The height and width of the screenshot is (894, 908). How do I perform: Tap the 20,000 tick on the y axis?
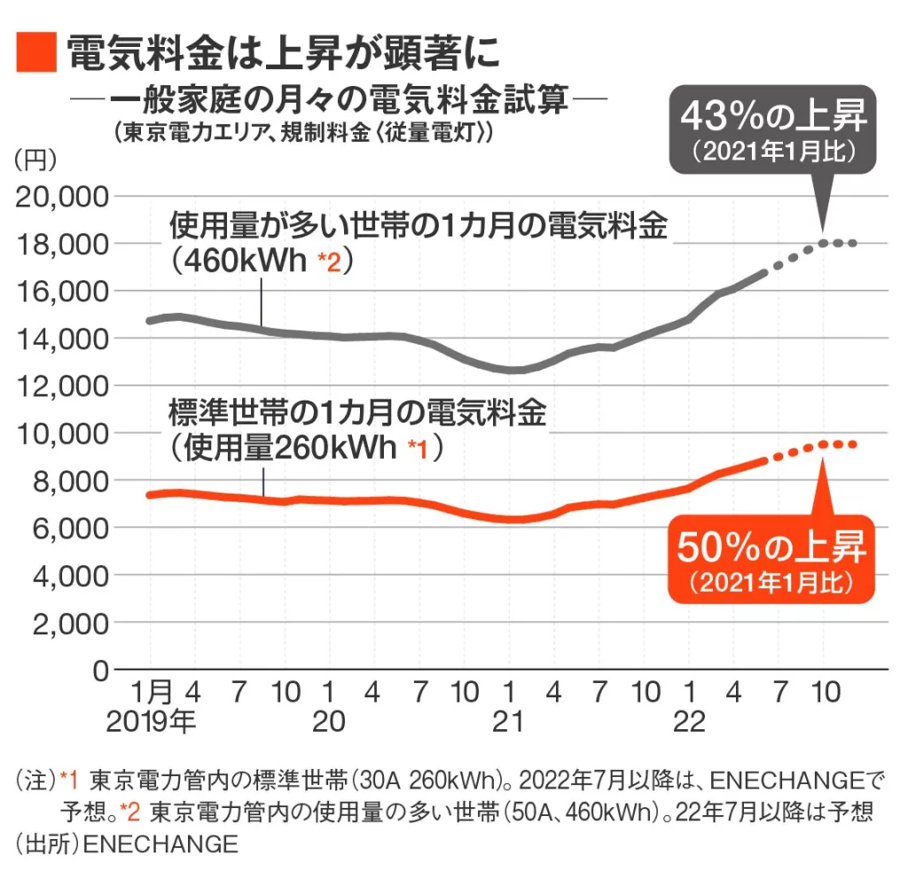(x=61, y=196)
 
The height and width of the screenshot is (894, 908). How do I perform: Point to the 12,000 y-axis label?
(x=61, y=385)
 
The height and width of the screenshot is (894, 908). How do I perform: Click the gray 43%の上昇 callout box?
(x=772, y=128)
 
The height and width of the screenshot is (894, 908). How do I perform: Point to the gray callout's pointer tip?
(x=824, y=232)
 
